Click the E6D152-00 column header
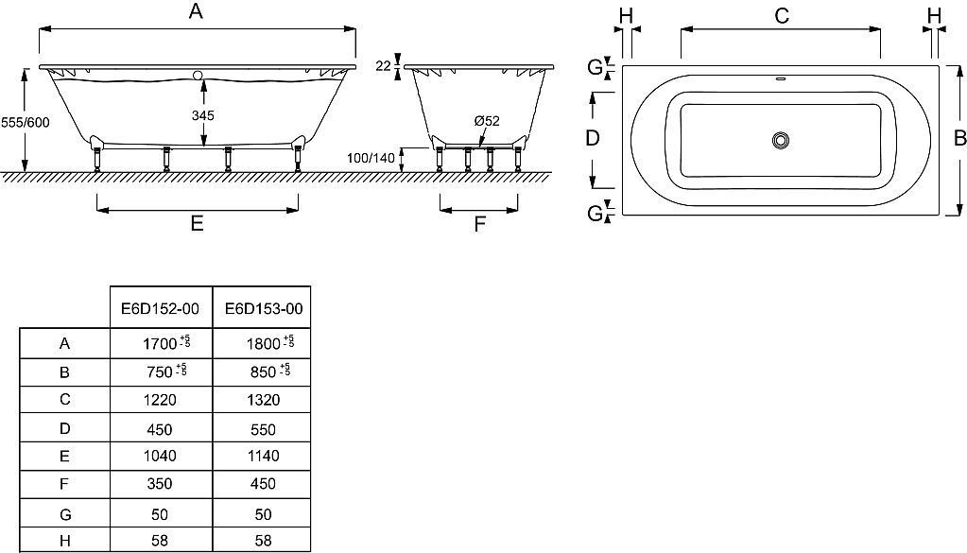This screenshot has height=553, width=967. tap(161, 308)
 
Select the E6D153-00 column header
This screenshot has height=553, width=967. tap(264, 308)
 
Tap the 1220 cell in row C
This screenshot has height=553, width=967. tap(160, 400)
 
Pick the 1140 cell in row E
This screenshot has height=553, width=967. tap(264, 457)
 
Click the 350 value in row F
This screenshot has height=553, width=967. tap(160, 484)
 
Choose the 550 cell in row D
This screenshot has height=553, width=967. tap(264, 430)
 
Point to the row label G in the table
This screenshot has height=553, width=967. tap(65, 514)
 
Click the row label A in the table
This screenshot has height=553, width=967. tap(65, 344)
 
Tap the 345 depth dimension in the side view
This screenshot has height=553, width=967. tap(203, 115)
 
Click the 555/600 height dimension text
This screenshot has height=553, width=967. tap(26, 123)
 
